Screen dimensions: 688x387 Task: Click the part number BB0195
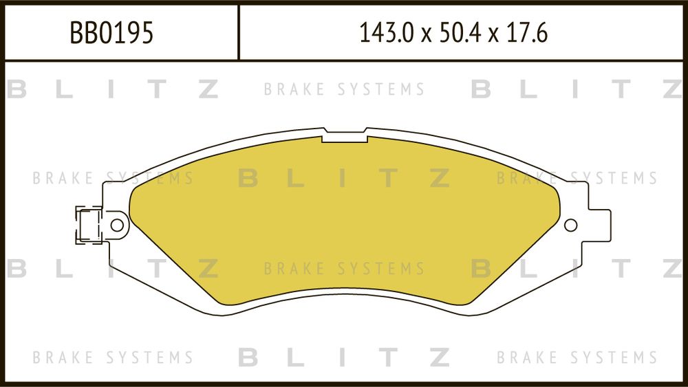112,33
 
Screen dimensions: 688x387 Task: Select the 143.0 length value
386,33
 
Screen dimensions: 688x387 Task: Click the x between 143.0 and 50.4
427,36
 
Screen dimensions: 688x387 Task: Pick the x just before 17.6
493,36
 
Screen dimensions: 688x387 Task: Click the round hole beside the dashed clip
117,225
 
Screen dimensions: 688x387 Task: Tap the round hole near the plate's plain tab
570,225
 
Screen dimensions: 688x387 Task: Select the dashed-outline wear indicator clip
89,225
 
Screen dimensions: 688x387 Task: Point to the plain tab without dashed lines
599,225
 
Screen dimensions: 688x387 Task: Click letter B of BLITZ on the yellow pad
248,178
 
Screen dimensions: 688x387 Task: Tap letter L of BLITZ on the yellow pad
296,178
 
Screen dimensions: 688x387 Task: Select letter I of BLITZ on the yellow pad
342,178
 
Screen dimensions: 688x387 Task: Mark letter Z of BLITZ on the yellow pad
440,178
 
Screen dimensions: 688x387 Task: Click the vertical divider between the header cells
238,32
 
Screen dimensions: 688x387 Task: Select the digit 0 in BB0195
105,33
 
